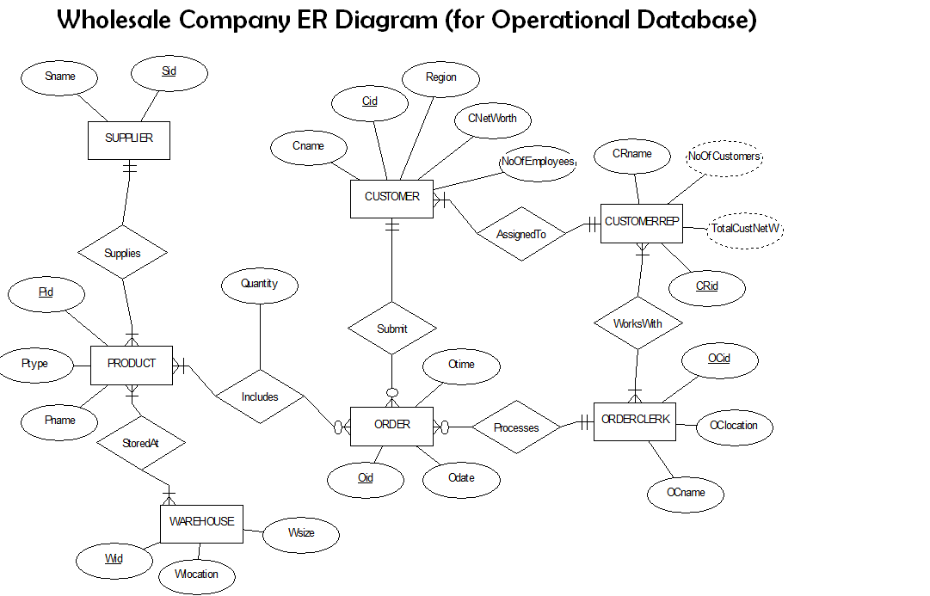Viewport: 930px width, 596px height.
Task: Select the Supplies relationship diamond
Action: pos(122,253)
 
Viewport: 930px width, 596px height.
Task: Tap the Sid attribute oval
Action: pos(169,72)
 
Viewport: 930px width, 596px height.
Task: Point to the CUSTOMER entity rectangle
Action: pos(391,198)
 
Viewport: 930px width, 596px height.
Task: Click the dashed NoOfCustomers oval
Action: pos(724,157)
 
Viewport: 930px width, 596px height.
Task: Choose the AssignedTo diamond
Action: pos(521,234)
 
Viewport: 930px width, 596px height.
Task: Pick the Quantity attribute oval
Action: pos(259,285)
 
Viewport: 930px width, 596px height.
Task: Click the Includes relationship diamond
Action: pos(260,396)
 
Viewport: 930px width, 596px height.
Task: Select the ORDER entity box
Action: pos(391,425)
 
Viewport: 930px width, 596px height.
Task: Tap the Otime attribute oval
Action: pos(461,365)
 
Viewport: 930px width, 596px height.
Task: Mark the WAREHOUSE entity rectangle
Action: pos(201,522)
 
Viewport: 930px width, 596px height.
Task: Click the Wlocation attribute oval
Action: pos(196,574)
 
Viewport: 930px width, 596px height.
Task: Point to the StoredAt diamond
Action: pos(141,444)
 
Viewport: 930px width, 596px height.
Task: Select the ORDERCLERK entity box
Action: pos(635,421)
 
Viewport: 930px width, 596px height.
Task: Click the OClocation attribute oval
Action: pos(733,426)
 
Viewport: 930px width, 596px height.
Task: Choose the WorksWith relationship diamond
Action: pos(637,324)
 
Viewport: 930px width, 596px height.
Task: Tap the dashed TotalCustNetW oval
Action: pos(746,229)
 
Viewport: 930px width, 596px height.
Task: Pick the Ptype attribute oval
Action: pos(35,364)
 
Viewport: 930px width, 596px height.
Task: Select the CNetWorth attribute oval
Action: pos(492,119)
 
